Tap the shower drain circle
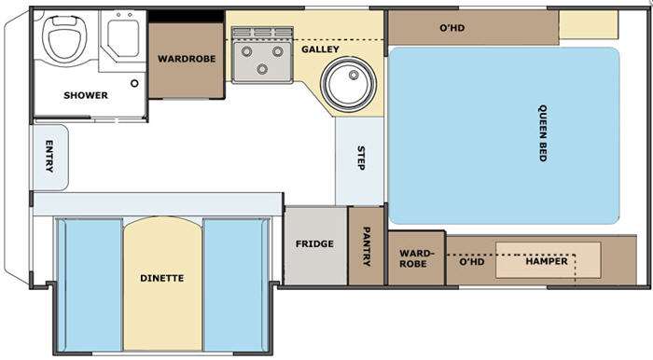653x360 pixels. tap(134, 83)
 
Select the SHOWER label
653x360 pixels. tap(86, 95)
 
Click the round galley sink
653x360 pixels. tap(348, 83)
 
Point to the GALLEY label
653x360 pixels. tap(320, 49)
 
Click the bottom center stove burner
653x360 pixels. tap(262, 69)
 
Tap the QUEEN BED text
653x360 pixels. tap(543, 133)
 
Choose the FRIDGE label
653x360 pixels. tap(314, 243)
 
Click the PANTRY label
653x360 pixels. tap(367, 246)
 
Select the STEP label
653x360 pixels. tap(361, 158)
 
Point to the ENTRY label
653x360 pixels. tap(49, 157)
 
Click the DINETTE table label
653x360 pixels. tap(162, 278)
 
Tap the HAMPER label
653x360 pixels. tap(547, 261)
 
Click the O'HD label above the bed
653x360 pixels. tap(452, 28)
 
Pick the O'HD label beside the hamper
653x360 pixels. tap(472, 262)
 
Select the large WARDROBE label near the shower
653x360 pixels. tap(187, 59)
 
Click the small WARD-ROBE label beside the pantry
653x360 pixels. tap(414, 258)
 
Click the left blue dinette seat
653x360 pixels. tap(90, 284)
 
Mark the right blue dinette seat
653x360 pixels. tap(236, 284)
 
